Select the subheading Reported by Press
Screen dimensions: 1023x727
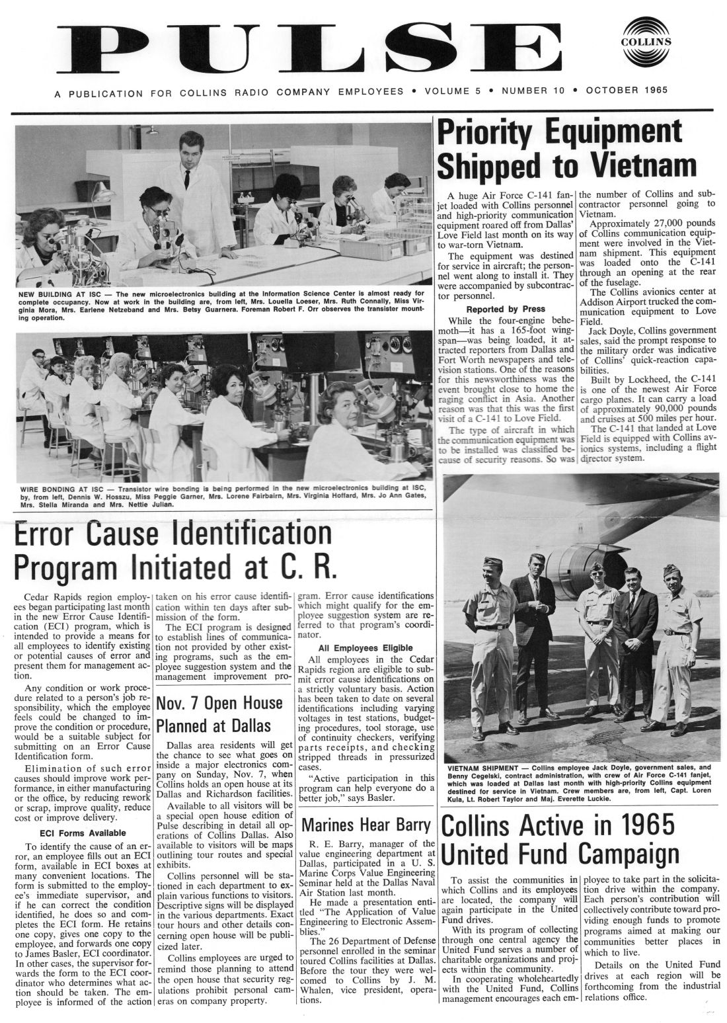506,309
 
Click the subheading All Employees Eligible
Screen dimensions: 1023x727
365,647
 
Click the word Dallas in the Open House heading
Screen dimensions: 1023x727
249,725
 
